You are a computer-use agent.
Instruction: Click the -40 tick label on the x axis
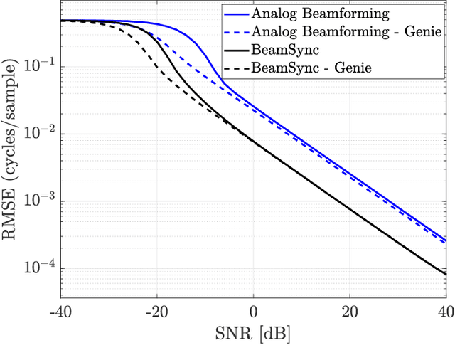pos(61,313)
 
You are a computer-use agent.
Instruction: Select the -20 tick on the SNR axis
pos(156,313)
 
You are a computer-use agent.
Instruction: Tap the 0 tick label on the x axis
pos(253,313)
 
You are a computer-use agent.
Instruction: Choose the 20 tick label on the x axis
pos(349,313)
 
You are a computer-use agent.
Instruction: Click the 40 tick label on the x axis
pos(444,313)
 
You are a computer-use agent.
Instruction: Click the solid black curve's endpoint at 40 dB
pos(445,274)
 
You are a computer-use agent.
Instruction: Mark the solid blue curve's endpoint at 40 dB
pos(445,240)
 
